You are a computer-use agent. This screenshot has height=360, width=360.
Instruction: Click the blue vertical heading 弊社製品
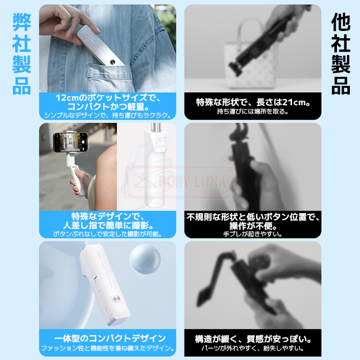pos(21,54)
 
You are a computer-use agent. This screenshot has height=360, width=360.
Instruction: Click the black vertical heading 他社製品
pos(341,54)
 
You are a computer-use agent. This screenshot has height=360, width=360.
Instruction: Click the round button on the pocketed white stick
pos(112,61)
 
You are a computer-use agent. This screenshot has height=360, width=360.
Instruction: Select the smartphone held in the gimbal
pos(70,142)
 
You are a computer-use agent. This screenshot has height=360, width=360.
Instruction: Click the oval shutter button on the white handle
pos(160,145)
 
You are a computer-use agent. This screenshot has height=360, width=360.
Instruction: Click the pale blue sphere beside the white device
pos(145,259)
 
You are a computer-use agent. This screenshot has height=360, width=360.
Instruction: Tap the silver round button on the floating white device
pos(116,300)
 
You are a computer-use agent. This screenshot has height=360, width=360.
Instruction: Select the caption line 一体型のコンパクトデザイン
pos(110,338)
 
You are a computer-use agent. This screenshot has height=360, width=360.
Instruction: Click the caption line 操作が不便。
pos(253,226)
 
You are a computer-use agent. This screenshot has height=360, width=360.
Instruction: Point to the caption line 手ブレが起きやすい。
pos(253,234)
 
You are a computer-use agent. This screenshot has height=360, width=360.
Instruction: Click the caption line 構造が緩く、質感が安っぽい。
pos(253,339)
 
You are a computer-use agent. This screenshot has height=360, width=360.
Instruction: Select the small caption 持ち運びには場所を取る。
pos(253,111)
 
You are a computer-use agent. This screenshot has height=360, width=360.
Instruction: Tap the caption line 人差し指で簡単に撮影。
pos(108,226)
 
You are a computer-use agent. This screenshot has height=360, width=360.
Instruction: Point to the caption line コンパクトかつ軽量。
pos(108,106)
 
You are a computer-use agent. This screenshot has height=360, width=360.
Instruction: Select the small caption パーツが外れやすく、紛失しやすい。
pos(253,348)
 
